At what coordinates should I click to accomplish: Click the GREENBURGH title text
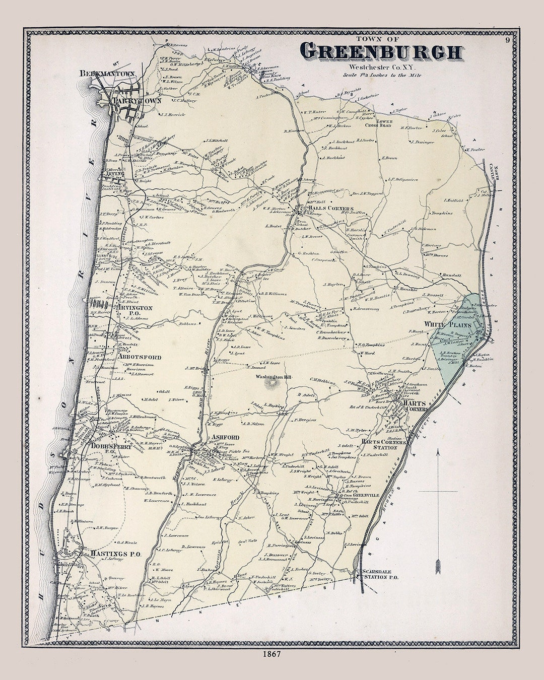point(381,51)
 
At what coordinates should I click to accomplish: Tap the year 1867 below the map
point(271,654)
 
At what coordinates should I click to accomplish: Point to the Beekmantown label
point(107,74)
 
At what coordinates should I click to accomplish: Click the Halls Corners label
point(331,208)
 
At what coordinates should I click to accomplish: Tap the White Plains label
point(448,324)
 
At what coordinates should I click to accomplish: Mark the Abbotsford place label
point(140,357)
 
